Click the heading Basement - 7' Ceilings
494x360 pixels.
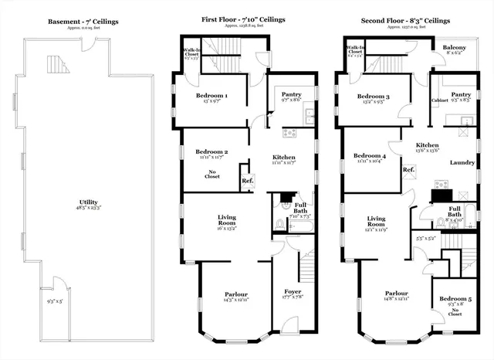pos(83,22)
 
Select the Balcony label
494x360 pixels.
pos(454,48)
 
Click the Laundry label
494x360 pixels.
pos(462,162)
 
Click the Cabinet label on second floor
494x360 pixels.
pos(442,100)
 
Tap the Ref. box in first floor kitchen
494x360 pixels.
pos(248,182)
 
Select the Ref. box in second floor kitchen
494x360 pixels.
pos(408,170)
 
